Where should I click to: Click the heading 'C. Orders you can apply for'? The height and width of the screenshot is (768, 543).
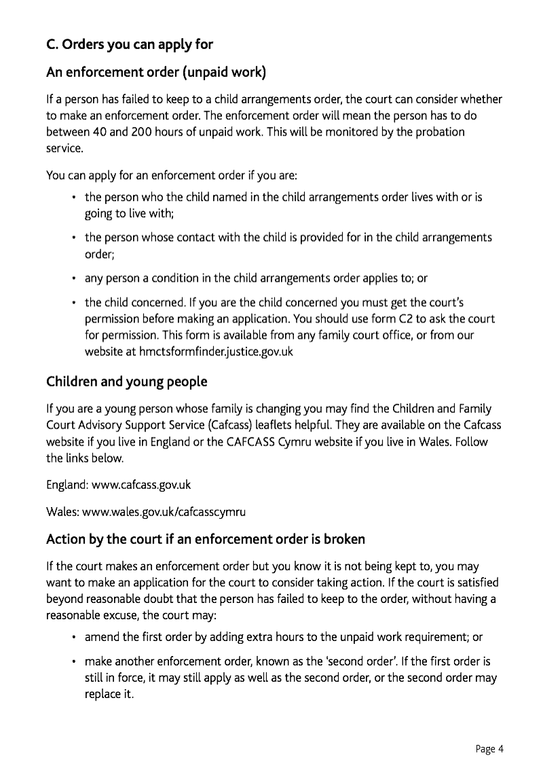(130, 45)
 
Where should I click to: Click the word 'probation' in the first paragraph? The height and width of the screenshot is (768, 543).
(442, 132)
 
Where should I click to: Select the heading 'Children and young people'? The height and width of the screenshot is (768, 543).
(127, 382)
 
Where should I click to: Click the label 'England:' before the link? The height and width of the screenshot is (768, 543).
(62, 486)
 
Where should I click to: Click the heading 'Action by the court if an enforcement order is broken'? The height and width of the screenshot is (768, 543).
(206, 540)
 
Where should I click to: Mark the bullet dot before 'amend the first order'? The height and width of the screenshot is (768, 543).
(73, 638)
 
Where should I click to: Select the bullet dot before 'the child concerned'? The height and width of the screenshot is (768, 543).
(73, 302)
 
